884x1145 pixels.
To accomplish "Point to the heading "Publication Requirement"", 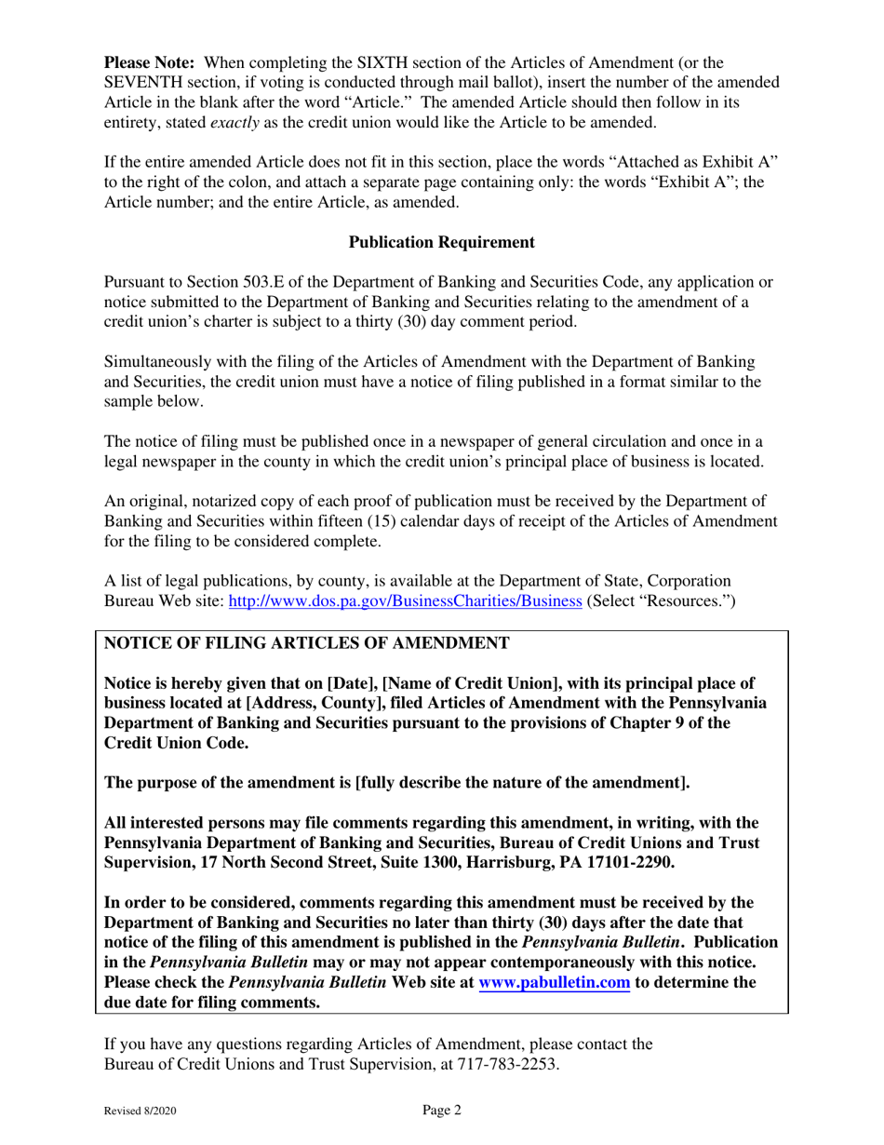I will tap(441, 242).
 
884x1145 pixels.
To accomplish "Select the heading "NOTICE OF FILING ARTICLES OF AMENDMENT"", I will tap(306, 643).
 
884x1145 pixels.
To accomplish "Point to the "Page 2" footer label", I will tap(441, 1109).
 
